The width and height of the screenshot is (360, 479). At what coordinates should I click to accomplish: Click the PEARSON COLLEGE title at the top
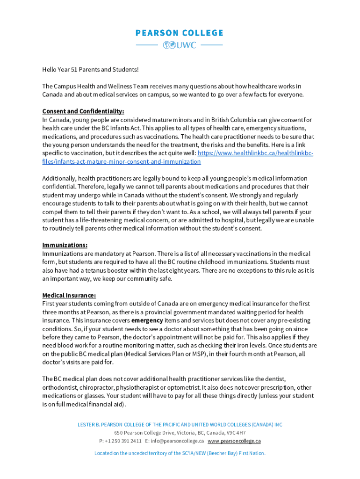pyautogui.click(x=180, y=33)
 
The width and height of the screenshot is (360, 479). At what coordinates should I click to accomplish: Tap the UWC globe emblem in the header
pyautogui.click(x=168, y=45)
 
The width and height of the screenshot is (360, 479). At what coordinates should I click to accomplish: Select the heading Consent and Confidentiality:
pyautogui.click(x=83, y=111)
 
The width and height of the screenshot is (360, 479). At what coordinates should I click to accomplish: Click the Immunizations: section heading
pyautogui.click(x=65, y=245)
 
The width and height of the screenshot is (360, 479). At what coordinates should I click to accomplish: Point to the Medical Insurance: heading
pyautogui.click(x=69, y=295)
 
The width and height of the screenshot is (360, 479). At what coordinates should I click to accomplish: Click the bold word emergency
pyautogui.click(x=147, y=320)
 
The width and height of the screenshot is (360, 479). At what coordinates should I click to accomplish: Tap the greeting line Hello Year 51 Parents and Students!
pyautogui.click(x=90, y=70)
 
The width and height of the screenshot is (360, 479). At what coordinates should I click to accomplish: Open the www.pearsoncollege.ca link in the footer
pyautogui.click(x=234, y=441)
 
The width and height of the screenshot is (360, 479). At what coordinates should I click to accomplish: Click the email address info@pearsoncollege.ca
pyautogui.click(x=177, y=441)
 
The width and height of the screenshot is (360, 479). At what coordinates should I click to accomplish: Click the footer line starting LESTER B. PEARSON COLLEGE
pyautogui.click(x=180, y=425)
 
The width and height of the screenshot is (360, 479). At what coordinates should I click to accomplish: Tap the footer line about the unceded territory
pyautogui.click(x=180, y=453)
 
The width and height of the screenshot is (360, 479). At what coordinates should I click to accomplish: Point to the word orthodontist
pyautogui.click(x=58, y=388)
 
